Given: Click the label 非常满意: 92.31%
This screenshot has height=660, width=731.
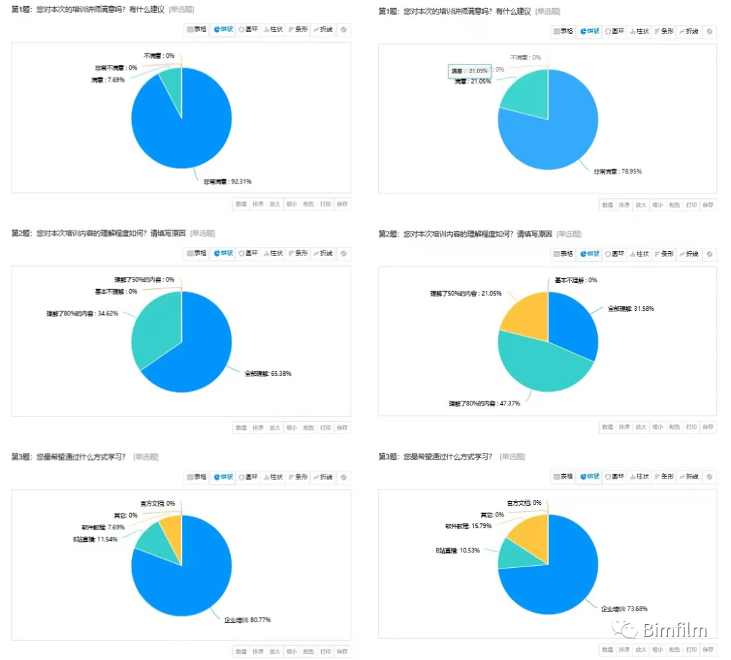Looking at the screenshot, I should click(x=227, y=181).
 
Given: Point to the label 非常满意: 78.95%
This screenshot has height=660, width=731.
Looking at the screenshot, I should click(x=617, y=171).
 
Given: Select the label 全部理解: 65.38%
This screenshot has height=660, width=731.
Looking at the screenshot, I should click(x=268, y=373).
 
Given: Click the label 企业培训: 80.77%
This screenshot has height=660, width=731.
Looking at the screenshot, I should click(x=248, y=619).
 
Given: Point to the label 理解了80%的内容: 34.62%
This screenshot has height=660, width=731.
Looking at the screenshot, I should click(x=77, y=314).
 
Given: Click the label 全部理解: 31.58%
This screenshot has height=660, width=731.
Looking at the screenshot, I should click(x=631, y=308).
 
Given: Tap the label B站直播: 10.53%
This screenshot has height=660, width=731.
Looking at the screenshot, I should click(x=458, y=550).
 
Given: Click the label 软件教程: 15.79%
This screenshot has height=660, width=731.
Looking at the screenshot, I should click(x=468, y=525).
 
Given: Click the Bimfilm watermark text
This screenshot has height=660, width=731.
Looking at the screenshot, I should click(x=675, y=630).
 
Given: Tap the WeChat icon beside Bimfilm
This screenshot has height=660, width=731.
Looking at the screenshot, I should click(x=625, y=630).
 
